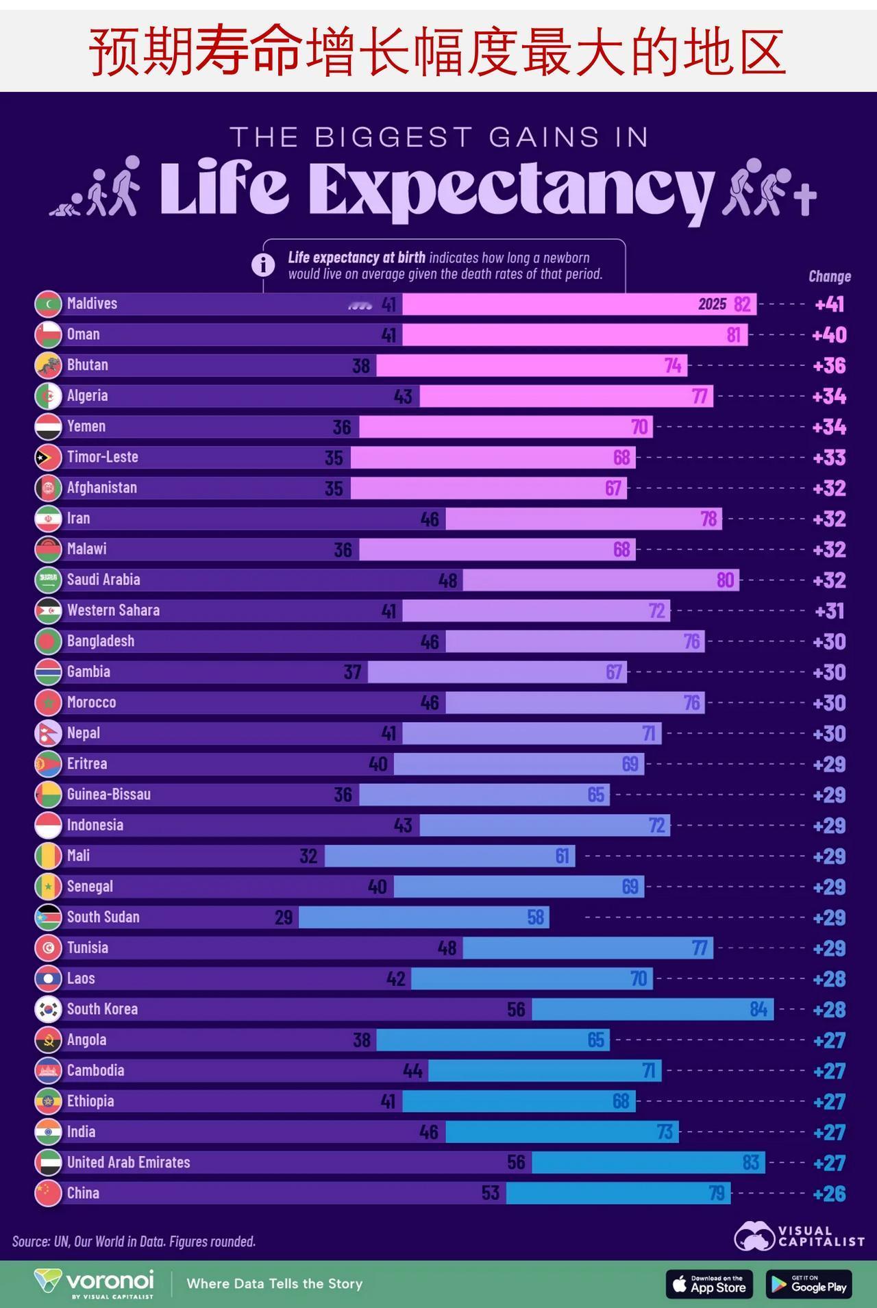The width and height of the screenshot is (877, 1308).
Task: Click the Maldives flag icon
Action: click(x=48, y=304)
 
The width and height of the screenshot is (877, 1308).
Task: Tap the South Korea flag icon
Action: click(x=48, y=1009)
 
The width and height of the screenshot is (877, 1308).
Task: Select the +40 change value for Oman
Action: click(x=829, y=335)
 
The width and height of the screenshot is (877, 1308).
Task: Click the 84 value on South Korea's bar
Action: click(x=758, y=1009)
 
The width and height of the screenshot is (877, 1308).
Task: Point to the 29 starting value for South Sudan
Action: click(x=284, y=917)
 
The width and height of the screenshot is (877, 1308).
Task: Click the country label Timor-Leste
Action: click(x=102, y=457)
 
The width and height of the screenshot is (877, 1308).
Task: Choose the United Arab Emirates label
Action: click(x=128, y=1163)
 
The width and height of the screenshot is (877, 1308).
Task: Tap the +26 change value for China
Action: click(x=829, y=1194)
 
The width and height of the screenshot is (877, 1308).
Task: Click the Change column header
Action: click(x=829, y=277)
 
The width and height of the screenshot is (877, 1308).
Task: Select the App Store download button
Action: click(x=709, y=1284)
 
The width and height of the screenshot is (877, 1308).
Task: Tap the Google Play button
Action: click(x=809, y=1284)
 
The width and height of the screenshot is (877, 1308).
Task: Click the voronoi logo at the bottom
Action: click(x=95, y=1283)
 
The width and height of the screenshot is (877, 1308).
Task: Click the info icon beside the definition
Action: click(x=263, y=264)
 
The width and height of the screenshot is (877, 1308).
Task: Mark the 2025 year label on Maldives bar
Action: click(x=712, y=304)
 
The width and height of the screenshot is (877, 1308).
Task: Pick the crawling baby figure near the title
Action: click(x=66, y=206)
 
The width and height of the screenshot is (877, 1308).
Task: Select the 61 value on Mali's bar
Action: click(x=562, y=856)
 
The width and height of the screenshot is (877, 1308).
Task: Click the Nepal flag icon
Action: click(x=48, y=733)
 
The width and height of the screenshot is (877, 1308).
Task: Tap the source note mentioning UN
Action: click(x=134, y=1241)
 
